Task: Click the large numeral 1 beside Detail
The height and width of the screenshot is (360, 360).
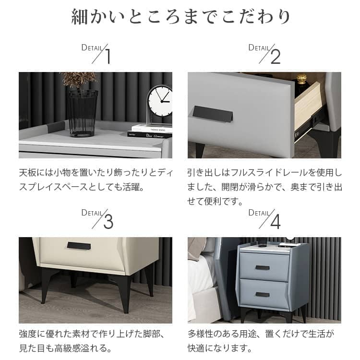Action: pyautogui.click(x=108, y=56)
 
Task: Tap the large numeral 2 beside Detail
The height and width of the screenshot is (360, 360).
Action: pyautogui.click(x=276, y=57)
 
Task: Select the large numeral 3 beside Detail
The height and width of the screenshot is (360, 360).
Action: pyautogui.click(x=108, y=222)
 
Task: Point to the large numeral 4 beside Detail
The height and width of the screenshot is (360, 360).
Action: pyautogui.click(x=276, y=222)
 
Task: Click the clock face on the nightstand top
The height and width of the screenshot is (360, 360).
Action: pyautogui.click(x=160, y=101)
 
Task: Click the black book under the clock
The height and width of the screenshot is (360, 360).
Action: pyautogui.click(x=149, y=135)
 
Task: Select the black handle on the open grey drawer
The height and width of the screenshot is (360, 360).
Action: pyautogui.click(x=213, y=114)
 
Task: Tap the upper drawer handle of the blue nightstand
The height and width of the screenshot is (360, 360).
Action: pyautogui.click(x=263, y=268)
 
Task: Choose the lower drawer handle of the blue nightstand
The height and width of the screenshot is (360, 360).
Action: pyautogui.click(x=263, y=295)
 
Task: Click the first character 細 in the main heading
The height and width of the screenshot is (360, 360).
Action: pyautogui.click(x=79, y=16)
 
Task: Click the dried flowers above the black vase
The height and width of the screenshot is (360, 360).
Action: pyautogui.click(x=79, y=80)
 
